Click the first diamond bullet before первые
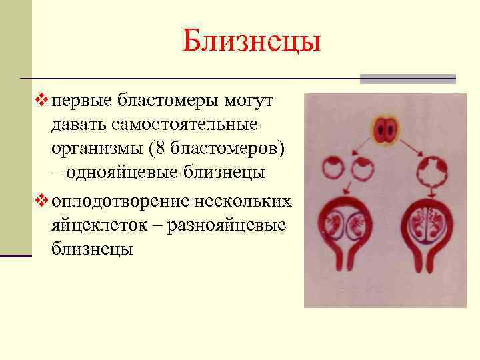coord(44,101)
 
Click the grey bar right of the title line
coord(407,79)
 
